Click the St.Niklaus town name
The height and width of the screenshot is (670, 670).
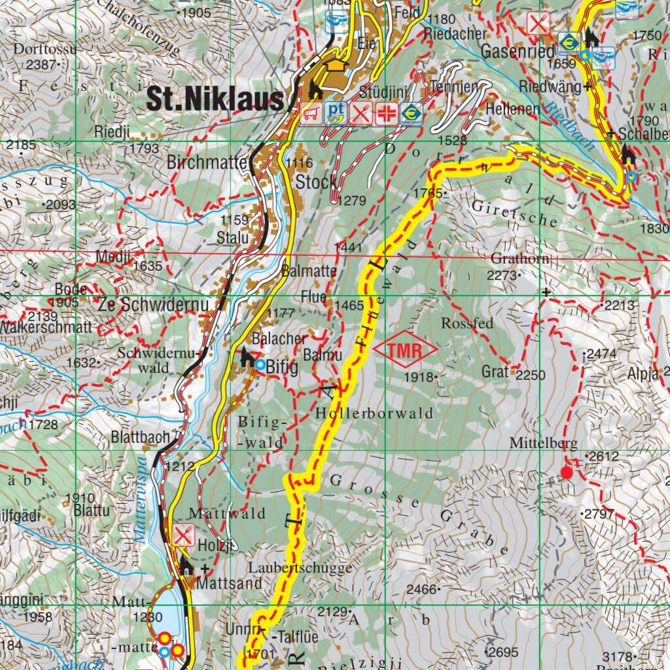coord(215,99)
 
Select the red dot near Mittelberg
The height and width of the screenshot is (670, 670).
coord(567,472)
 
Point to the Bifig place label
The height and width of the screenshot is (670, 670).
coord(283,368)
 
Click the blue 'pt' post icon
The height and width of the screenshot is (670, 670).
coord(336,112)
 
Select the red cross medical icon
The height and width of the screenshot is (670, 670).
coord(387,113)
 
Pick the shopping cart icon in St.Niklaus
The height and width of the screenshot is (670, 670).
coord(311,113)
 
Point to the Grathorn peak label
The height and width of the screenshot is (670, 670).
coord(520,259)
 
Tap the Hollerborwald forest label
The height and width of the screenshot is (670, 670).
coord(374,414)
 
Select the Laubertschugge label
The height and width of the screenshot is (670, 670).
coord(300,567)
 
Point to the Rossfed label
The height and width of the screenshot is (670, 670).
coord(467,324)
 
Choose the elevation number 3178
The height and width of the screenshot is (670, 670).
coord(618,656)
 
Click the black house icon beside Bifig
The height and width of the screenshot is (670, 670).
coord(247,357)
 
